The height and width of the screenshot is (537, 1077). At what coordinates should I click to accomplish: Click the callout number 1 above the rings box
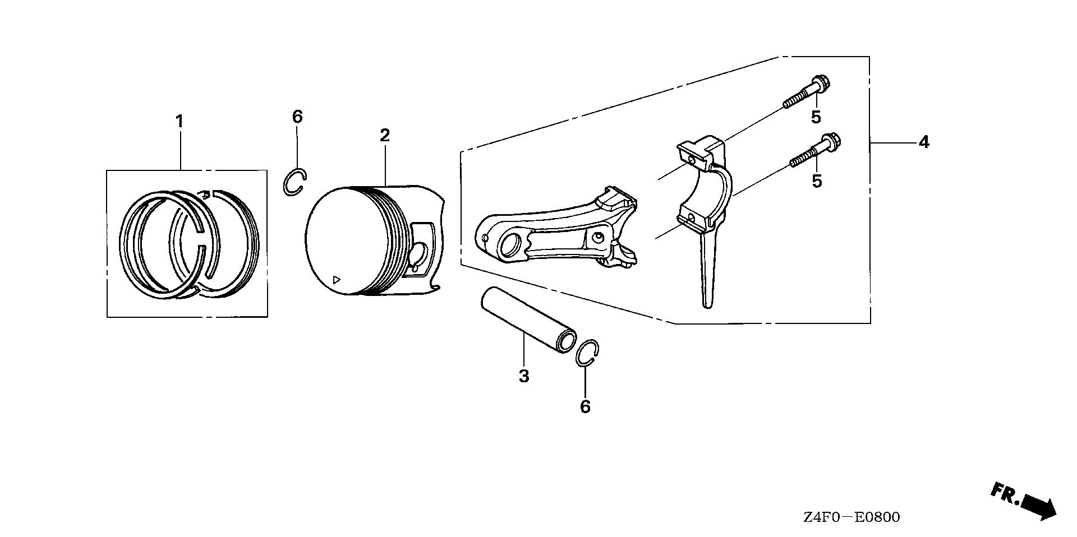click(179, 121)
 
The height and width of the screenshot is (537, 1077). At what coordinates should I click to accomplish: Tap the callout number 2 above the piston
click(384, 135)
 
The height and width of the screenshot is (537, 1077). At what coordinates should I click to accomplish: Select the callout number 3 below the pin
click(523, 376)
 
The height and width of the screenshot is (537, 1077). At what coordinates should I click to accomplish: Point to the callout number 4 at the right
click(924, 142)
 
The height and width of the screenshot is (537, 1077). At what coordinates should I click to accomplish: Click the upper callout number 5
click(816, 117)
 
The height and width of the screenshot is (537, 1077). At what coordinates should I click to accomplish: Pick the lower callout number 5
click(817, 182)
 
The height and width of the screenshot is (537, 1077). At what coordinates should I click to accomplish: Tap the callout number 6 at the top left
click(297, 117)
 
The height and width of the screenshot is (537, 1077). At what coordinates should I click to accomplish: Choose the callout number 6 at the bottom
click(585, 407)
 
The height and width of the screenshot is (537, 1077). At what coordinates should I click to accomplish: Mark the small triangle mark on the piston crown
click(337, 279)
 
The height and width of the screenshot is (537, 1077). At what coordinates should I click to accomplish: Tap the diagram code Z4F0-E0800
click(851, 517)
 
